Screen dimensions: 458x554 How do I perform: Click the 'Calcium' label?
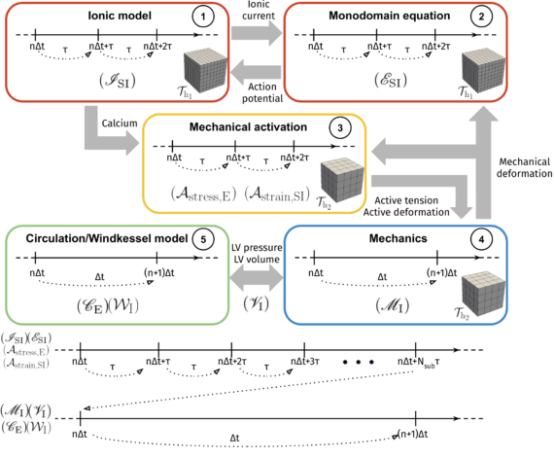(118, 123)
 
